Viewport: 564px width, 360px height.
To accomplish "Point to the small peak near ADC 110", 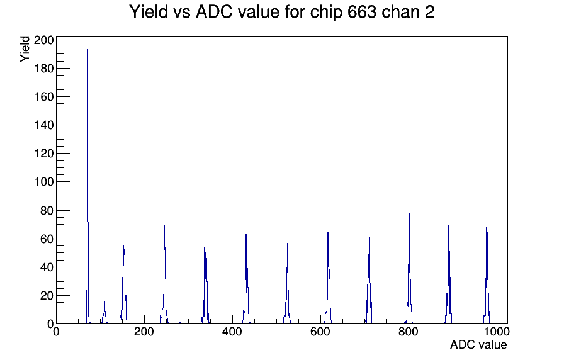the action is pyautogui.click(x=104, y=312).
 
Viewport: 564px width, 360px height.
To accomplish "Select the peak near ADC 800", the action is pyautogui.click(x=409, y=270).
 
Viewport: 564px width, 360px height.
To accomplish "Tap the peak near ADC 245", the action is pyautogui.click(x=164, y=275).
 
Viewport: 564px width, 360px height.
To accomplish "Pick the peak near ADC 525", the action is pyautogui.click(x=288, y=284).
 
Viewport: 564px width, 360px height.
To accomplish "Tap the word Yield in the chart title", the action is pyautogui.click(x=149, y=12).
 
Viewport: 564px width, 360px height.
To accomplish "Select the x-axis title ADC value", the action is pyautogui.click(x=478, y=344).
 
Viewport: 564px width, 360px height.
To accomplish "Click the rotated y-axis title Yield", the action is pyautogui.click(x=25, y=49).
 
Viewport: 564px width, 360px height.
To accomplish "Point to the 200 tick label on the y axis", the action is pyautogui.click(x=44, y=40).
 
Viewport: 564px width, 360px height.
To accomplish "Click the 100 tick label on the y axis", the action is pyautogui.click(x=44, y=182).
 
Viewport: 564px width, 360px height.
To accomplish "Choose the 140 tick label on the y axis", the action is pyautogui.click(x=44, y=125).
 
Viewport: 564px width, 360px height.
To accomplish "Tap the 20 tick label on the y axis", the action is pyautogui.click(x=47, y=296).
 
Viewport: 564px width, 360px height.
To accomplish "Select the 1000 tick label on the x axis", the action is pyautogui.click(x=497, y=332).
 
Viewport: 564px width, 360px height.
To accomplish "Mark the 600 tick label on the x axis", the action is pyautogui.click(x=320, y=332).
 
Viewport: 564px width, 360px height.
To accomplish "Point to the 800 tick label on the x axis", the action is pyautogui.click(x=409, y=332).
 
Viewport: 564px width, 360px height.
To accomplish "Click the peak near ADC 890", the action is pyautogui.click(x=449, y=275).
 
